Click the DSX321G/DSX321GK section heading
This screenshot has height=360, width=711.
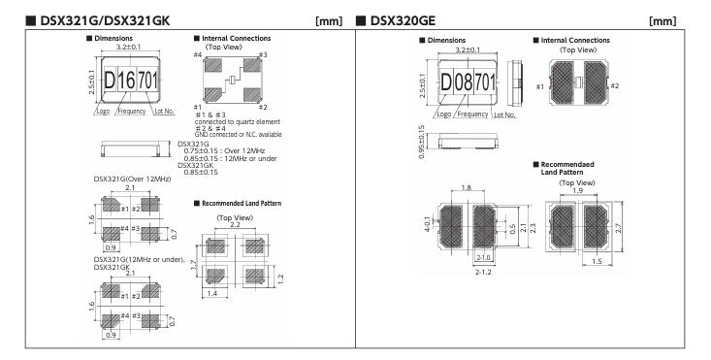click(x=105, y=20)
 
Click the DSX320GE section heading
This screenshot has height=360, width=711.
click(x=403, y=20)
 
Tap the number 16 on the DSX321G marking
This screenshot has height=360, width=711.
click(x=126, y=81)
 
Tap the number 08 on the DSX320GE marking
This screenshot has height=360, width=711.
click(x=464, y=82)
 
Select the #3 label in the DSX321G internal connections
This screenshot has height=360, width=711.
click(x=263, y=55)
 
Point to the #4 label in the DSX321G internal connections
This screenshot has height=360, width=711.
click(x=197, y=55)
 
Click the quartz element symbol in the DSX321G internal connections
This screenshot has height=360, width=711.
click(x=233, y=80)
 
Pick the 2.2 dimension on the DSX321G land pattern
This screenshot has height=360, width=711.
click(x=235, y=225)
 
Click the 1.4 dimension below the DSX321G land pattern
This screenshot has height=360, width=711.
click(x=212, y=293)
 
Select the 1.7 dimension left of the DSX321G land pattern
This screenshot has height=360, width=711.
click(x=193, y=264)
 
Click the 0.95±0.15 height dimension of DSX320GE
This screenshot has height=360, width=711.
click(x=422, y=141)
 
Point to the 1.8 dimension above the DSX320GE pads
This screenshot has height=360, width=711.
click(x=466, y=188)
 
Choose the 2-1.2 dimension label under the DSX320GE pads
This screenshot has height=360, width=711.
click(x=483, y=272)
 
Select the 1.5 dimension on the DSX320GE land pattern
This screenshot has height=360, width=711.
click(x=598, y=261)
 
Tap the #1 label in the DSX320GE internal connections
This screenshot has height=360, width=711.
click(x=539, y=86)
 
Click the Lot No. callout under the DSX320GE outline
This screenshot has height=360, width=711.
click(x=504, y=115)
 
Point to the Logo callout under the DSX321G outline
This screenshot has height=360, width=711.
click(x=103, y=111)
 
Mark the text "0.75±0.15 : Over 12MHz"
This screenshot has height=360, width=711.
click(x=224, y=150)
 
